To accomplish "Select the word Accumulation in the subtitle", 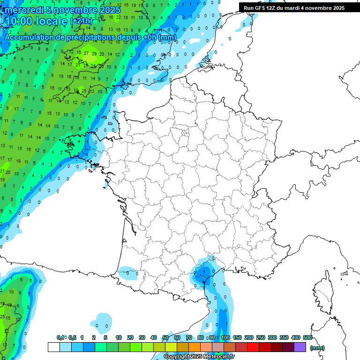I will [x=28, y=37].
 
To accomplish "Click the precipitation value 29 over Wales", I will [x=94, y=54].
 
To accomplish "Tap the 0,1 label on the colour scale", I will [x=60, y=338].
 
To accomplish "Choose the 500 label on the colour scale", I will [x=307, y=338].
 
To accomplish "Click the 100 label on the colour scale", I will [x=225, y=338].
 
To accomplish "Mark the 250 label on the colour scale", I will [x=261, y=338].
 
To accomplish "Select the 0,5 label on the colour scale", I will [x=72, y=338].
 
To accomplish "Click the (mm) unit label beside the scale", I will [x=317, y=348].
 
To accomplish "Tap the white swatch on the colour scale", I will [x=53, y=347].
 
